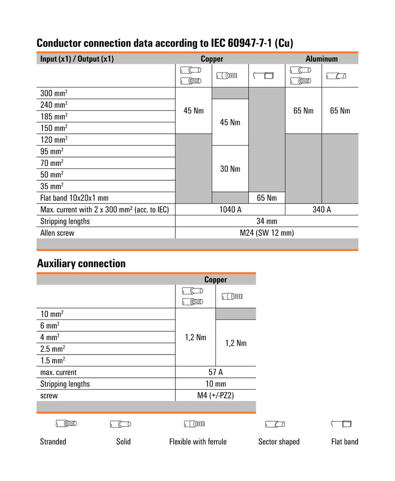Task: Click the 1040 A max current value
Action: [x=230, y=209]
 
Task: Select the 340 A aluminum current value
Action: [x=321, y=209]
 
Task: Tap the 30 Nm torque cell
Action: [x=230, y=168]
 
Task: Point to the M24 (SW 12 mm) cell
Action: [x=267, y=233]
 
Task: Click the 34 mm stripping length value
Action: [x=267, y=221]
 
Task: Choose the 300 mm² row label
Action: [x=54, y=93]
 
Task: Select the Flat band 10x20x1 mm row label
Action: [x=74, y=198]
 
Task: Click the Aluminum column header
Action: [x=321, y=59]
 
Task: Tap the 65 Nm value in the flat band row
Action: [x=267, y=198]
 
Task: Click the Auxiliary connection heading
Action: [x=81, y=263]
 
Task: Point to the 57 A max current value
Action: [x=216, y=372]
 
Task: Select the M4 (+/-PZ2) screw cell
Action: [x=216, y=396]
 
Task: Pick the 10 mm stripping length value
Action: [x=216, y=384]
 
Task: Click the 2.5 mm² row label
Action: [x=52, y=349]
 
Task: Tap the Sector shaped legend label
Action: [x=278, y=441]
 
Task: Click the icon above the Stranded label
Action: [x=66, y=424]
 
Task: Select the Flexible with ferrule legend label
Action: [x=197, y=441]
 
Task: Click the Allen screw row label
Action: [x=57, y=233]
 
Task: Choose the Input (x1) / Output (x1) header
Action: [x=77, y=59]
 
